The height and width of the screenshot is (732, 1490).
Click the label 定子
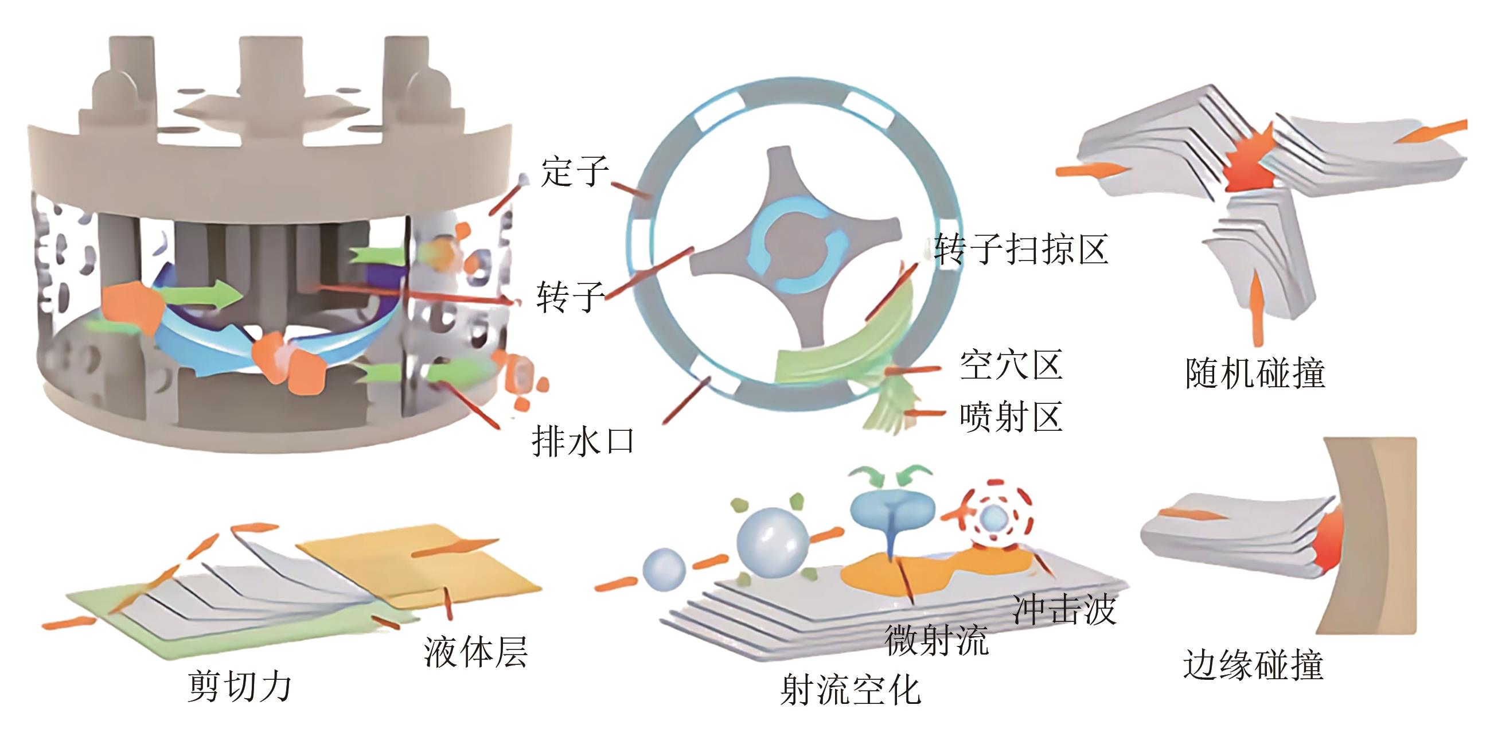tap(574, 172)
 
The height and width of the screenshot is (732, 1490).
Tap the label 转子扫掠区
tap(1021, 250)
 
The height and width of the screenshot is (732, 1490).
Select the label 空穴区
tap(1011, 365)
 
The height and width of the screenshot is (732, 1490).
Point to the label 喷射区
tap(1011, 416)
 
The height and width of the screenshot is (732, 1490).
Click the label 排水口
tap(583, 442)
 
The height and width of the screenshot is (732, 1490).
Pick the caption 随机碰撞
tap(1255, 373)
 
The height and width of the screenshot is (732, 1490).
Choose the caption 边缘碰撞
tap(1253, 665)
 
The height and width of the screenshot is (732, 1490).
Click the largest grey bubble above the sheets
tap(771, 542)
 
